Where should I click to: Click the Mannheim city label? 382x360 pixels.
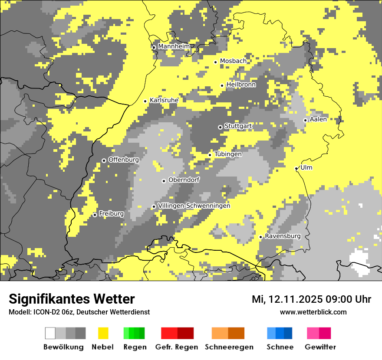point(174,46)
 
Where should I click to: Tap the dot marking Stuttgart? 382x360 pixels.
point(220,127)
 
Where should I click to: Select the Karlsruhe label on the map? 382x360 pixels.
point(164,100)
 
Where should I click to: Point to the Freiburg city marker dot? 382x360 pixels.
point(95,215)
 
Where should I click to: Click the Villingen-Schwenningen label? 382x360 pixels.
point(194,206)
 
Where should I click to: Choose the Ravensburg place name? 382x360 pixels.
point(283,236)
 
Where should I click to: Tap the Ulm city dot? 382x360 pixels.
point(296,169)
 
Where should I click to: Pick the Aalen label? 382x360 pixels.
point(318,119)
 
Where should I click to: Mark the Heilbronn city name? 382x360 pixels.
point(241,85)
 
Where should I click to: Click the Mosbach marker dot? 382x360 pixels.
point(215,62)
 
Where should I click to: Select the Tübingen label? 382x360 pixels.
point(228,154)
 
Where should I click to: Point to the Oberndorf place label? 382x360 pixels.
point(184,180)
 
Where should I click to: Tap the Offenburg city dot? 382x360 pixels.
point(104,160)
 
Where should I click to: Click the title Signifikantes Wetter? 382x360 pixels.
point(72,299)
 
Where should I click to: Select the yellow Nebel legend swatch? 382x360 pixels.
point(103,333)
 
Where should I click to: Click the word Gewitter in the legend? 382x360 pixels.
point(320,347)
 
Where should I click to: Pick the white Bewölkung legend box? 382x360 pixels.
point(50,333)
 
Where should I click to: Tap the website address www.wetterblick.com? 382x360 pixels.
point(313,312)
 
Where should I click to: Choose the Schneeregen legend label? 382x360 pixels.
point(229,347)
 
